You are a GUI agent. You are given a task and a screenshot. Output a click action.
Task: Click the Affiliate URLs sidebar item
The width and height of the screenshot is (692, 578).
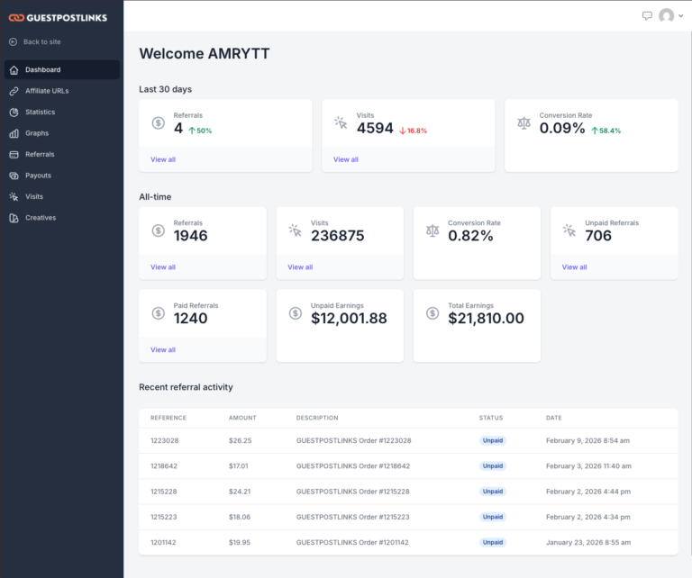pyautogui.click(x=46, y=91)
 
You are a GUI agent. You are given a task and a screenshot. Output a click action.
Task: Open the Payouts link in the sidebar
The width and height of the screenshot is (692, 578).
pyautogui.click(x=38, y=176)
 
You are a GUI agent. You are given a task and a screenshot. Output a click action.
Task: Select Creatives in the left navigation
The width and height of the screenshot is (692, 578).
pyautogui.click(x=41, y=218)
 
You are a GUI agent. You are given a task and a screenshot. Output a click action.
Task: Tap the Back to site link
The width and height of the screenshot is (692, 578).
pyautogui.click(x=41, y=42)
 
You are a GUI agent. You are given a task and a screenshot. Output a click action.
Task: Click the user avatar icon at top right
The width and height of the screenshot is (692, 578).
pyautogui.click(x=667, y=15)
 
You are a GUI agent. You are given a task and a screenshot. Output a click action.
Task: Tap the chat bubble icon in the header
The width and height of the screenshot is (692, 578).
pyautogui.click(x=647, y=15)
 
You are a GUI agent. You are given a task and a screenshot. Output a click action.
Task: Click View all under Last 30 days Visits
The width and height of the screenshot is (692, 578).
pyautogui.click(x=346, y=159)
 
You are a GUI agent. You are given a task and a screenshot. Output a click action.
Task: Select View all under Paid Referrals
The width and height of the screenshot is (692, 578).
pyautogui.click(x=163, y=349)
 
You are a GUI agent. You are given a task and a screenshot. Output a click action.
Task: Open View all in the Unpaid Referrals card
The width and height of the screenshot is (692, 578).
pyautogui.click(x=574, y=267)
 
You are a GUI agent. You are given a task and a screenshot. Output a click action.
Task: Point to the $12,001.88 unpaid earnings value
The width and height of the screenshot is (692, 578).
pyautogui.click(x=349, y=318)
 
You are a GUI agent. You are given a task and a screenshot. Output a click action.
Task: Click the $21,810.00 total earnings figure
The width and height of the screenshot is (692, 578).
pyautogui.click(x=486, y=318)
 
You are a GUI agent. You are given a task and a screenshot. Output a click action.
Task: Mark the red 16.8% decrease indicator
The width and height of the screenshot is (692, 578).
pyautogui.click(x=414, y=131)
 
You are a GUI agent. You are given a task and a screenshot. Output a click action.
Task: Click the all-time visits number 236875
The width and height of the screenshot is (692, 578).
pyautogui.click(x=337, y=236)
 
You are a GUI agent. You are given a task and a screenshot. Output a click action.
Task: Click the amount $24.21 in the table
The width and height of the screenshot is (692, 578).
pyautogui.click(x=241, y=492)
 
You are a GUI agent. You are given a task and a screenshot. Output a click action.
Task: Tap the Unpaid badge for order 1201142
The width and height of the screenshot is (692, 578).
pyautogui.click(x=493, y=543)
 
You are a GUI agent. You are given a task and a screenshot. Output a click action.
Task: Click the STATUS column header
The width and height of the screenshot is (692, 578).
pyautogui.click(x=491, y=418)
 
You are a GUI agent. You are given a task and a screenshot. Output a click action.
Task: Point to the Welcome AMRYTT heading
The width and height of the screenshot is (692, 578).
pyautogui.click(x=205, y=54)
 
